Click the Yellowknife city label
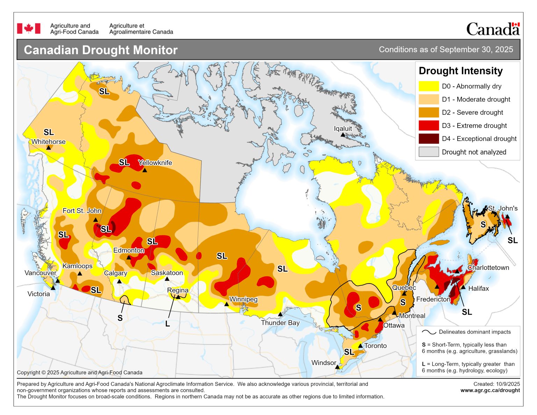tap(155, 163)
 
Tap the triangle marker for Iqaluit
tap(343, 135)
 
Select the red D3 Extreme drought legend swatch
tap(429, 126)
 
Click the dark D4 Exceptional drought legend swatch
tap(429, 139)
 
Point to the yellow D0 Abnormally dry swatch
tap(429, 86)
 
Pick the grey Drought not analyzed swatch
tap(429, 152)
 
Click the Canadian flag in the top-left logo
tap(29, 29)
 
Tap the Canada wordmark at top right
tap(493, 29)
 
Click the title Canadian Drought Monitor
tap(101, 50)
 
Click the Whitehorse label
tap(48, 142)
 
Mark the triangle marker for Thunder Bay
tap(280, 314)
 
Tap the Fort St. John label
tap(82, 210)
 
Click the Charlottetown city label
tap(488, 267)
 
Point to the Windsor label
tap(324, 363)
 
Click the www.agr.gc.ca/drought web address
tap(490, 390)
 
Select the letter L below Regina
tap(167, 324)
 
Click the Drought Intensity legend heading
tap(460, 71)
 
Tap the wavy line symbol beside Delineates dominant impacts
tap(429, 332)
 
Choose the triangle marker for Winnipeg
tap(227, 304)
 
